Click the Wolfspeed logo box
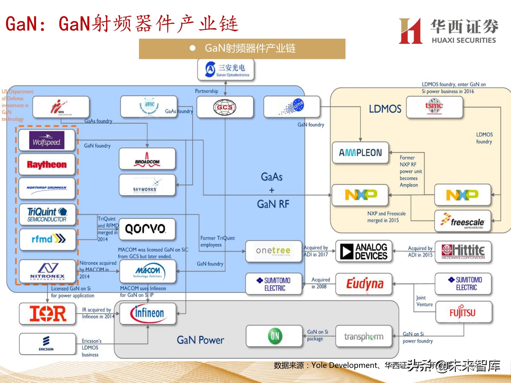[47, 140]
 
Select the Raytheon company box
[47, 164]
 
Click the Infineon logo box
[148, 314]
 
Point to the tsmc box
[434, 107]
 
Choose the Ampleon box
[360, 153]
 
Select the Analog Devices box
[364, 251]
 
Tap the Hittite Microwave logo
[463, 252]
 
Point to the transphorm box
[364, 336]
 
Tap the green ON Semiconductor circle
[275, 336]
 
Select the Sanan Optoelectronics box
[226, 70]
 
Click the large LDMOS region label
[385, 109]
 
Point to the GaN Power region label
[200, 340]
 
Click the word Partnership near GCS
[206, 91]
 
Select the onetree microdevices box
[273, 251]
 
